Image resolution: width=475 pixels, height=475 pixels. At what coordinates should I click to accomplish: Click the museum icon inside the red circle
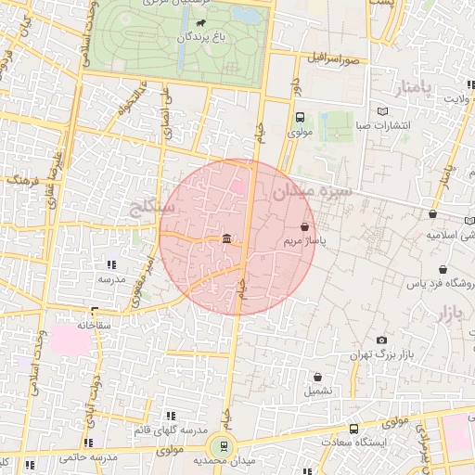coord(227,239)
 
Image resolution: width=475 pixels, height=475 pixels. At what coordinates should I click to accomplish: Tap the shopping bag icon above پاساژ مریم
coord(305,225)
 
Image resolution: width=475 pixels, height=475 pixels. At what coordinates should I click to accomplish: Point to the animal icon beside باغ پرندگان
coord(202,22)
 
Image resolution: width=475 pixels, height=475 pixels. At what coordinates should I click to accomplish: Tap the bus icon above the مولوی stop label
coord(299,118)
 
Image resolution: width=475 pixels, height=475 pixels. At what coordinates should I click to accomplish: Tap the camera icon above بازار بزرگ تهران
coord(381,340)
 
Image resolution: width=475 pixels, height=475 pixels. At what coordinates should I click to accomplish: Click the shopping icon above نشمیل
coord(318,377)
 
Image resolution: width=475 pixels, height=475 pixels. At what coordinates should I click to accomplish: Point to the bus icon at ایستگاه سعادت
coord(353,429)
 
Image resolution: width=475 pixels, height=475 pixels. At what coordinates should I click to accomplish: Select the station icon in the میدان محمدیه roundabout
coord(223,445)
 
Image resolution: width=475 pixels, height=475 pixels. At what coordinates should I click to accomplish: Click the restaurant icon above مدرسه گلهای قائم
coord(169,416)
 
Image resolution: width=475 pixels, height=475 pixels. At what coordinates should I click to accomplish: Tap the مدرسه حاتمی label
coord(88,457)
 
